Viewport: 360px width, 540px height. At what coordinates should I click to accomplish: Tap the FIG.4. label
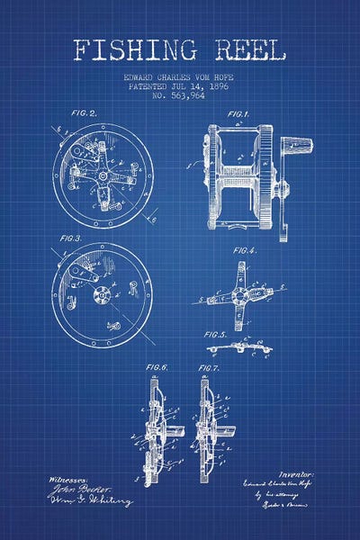pos(246,249)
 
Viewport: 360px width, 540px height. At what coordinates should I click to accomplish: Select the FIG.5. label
pos(216,334)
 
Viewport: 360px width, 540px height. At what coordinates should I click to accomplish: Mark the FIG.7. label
pos(209,368)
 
